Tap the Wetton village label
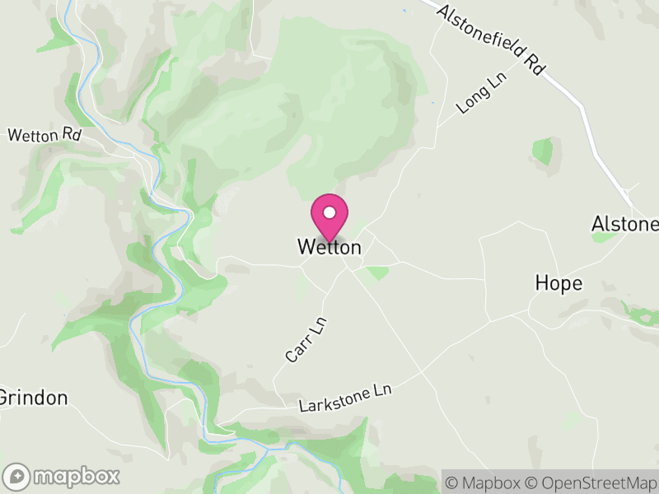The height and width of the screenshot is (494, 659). pyautogui.click(x=329, y=247)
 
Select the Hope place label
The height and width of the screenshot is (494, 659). pyautogui.click(x=559, y=284)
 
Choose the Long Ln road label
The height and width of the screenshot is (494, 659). pyautogui.click(x=479, y=93)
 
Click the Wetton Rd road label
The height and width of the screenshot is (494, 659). pyautogui.click(x=44, y=135)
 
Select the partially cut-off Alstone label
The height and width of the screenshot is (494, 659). pyautogui.click(x=625, y=224)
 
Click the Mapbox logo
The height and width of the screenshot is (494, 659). pyautogui.click(x=62, y=476)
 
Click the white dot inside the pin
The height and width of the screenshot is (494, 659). pyautogui.click(x=329, y=212)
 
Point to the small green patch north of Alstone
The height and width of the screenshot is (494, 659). pyautogui.click(x=542, y=151)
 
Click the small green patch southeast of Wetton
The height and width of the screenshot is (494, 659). pyautogui.click(x=377, y=273)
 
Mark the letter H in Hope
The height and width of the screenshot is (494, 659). pyautogui.click(x=542, y=284)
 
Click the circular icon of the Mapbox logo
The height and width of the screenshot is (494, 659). pyautogui.click(x=16, y=476)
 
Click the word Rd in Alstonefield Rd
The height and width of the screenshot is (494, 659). pyautogui.click(x=535, y=66)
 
